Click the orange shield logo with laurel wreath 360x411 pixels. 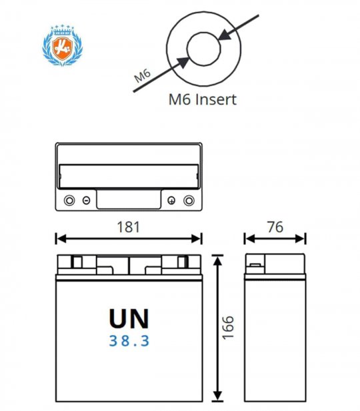tap(63, 45)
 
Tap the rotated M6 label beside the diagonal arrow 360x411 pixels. tap(142, 75)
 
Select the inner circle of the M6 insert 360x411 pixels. tap(203, 49)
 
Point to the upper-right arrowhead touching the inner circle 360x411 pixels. tap(225, 35)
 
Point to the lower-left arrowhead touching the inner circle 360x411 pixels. tap(183, 62)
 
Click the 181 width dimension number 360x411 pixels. tap(128, 227)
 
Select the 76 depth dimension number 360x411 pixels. tap(275, 227)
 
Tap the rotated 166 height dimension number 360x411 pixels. tap(227, 328)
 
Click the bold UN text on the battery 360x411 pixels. tap(129, 318)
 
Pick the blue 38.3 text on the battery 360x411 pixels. tap(129, 341)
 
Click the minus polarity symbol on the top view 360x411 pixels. tap(86, 201)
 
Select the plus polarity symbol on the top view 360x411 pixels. tap(171, 201)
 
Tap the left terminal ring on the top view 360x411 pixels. tap(69, 201)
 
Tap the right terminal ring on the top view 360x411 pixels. tap(189, 201)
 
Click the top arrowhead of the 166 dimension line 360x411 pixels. tap(217, 260)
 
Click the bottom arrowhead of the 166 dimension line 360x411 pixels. tap(217, 396)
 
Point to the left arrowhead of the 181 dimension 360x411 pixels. tap(61, 238)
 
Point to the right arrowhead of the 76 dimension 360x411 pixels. tap(300, 238)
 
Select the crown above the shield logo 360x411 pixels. tap(63, 30)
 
